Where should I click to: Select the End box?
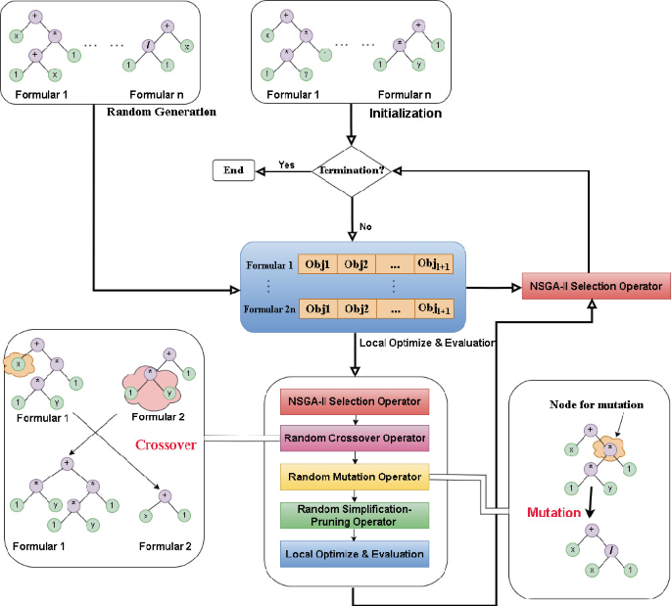(x=233, y=171)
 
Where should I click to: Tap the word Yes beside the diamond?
(x=288, y=163)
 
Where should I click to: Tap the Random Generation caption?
(x=161, y=111)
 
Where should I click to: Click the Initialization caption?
(x=406, y=114)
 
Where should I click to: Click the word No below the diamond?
(x=364, y=225)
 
